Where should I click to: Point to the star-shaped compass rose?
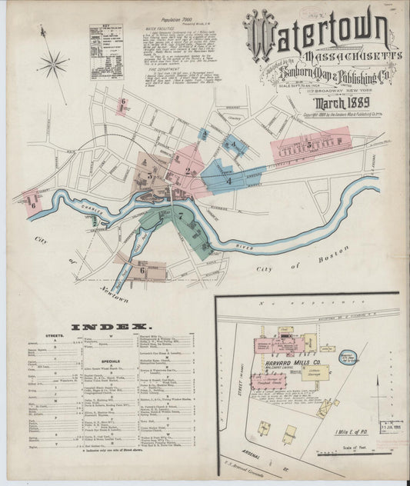click(x=52, y=65)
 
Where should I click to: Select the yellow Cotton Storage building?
click(x=315, y=373)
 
